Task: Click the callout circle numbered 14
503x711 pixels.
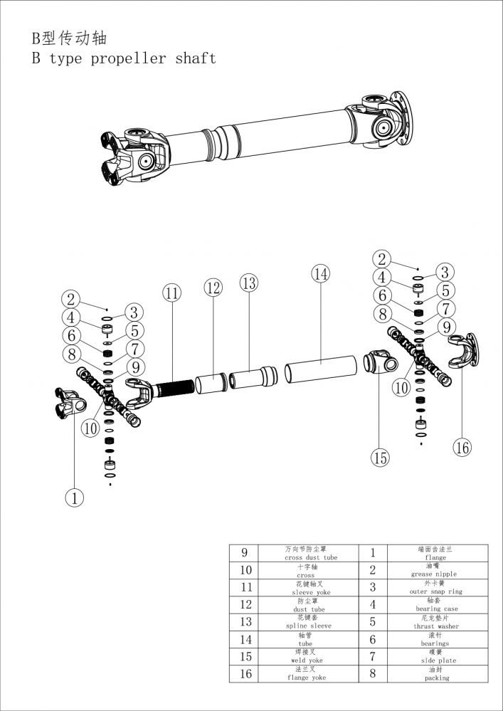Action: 321,273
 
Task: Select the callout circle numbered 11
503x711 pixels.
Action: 171,293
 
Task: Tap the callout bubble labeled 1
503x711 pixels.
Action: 74,497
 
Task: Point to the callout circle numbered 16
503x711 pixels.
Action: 462,447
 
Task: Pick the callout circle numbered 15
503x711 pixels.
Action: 381,458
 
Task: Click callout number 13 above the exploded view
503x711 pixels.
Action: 248,283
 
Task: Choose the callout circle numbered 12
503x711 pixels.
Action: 213,288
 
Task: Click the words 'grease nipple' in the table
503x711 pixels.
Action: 433,574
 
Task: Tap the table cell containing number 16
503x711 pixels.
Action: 245,673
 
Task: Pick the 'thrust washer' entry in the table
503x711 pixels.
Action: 433,626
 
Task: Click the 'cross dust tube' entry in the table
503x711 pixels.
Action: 311,557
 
